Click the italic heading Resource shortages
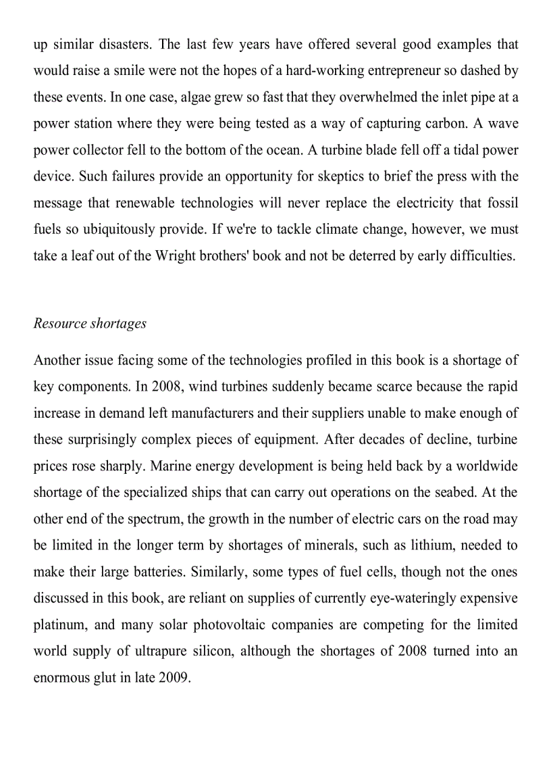coord(90,323)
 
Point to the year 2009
coord(174,677)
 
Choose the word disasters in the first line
coord(127,44)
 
